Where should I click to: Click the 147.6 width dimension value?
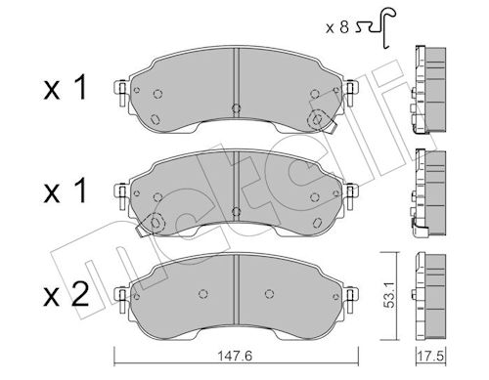coord(235,357)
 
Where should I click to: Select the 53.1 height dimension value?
coord(389,295)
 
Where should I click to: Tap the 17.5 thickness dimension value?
coord(430,357)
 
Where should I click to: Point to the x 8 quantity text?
coord(337,27)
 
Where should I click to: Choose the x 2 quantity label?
coord(67,294)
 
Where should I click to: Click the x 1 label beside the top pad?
coord(66,87)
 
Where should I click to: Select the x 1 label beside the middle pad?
coord(66,190)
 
